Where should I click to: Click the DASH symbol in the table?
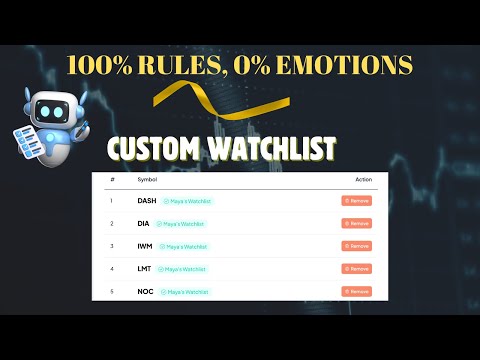147,201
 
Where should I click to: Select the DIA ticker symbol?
144,223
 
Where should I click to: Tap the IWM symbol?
145,246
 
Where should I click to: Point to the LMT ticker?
145,269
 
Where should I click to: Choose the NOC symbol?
146,291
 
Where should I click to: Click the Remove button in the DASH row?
356,201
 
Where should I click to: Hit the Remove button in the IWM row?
356,246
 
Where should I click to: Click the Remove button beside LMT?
356,269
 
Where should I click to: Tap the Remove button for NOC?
356,291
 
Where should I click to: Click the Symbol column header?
146,180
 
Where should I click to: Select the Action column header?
363,180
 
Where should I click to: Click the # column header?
113,180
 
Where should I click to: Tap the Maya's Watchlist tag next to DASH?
187,201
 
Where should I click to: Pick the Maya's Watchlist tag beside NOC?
184,291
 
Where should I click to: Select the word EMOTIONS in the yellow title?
349,65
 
